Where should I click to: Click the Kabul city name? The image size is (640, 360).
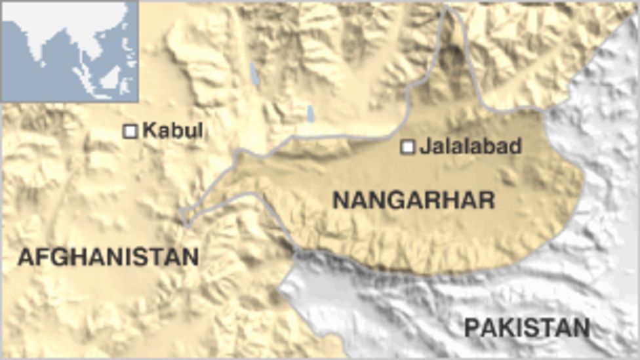coord(172,130)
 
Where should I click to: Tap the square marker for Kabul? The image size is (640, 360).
coord(130,131)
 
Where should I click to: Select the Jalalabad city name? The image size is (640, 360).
coord(470,146)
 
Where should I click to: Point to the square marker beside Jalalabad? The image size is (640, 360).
coord(408,147)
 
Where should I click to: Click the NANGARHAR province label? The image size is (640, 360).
coord(413,199)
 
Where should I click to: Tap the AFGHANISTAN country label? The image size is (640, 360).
coord(108,256)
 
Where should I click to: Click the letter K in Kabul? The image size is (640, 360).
coord(148,130)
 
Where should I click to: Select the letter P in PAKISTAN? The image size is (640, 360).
coord(472,327)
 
